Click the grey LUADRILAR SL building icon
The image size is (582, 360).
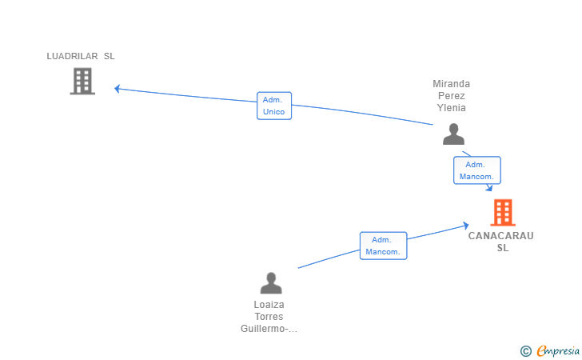(82, 81)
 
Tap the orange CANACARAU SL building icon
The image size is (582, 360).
(503, 213)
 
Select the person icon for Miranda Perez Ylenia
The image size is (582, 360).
(453, 134)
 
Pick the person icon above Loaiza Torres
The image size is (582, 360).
(271, 283)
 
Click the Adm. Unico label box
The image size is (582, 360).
(274, 106)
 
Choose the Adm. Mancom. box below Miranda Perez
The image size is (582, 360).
(477, 170)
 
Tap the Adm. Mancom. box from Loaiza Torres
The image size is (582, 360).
(384, 246)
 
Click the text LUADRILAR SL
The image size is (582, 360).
(81, 56)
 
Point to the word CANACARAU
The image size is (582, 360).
(500, 236)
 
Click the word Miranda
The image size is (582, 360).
(452, 84)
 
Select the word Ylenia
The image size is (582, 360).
(452, 108)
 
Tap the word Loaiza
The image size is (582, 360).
(269, 305)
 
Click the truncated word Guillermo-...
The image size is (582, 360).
(269, 329)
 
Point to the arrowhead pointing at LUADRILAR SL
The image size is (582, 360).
(117, 89)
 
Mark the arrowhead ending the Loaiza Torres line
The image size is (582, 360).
(466, 225)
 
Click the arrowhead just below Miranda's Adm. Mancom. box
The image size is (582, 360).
(489, 188)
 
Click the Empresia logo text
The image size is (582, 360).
(558, 350)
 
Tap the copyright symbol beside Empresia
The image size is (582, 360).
(525, 351)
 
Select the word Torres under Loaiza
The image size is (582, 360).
(269, 317)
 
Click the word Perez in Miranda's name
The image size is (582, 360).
(452, 96)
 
